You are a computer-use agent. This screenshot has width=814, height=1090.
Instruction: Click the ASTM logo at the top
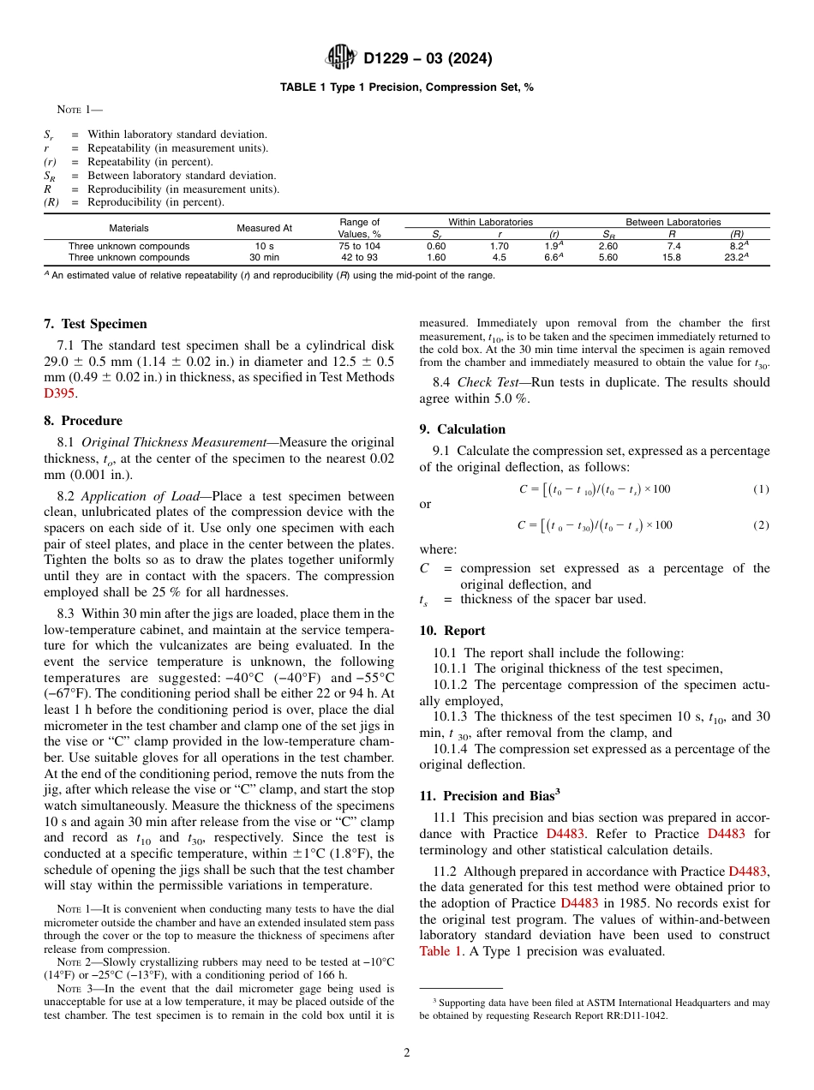tap(342, 58)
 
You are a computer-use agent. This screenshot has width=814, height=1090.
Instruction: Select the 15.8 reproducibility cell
tap(672, 257)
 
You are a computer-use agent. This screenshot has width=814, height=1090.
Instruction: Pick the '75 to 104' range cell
tap(359, 246)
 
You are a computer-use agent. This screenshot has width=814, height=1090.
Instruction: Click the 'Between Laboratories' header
tap(673, 222)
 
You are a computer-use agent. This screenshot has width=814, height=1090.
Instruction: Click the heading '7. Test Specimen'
tap(95, 324)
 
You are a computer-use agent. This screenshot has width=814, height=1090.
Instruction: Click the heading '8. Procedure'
tap(83, 421)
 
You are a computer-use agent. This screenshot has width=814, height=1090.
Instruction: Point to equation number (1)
tap(761, 488)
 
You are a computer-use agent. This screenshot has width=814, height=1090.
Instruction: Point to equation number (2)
tap(761, 525)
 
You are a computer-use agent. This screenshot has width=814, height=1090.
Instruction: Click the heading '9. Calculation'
tap(463, 429)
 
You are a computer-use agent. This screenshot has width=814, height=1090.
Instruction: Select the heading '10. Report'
tap(452, 631)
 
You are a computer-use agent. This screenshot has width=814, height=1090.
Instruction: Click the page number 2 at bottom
tap(407, 1053)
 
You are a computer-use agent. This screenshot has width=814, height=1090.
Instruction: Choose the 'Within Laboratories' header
tap(490, 222)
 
